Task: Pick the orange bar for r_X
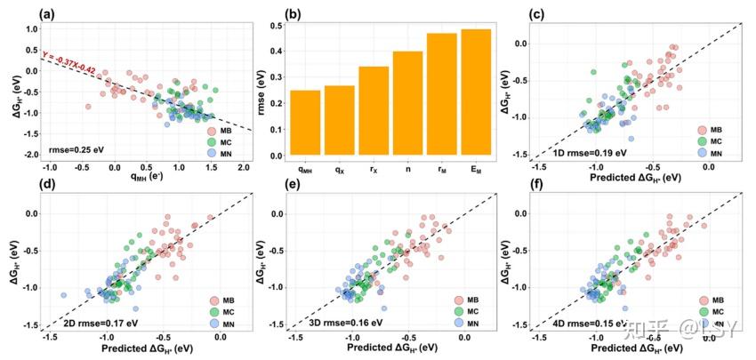(x=374, y=111)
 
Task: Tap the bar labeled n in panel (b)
(x=407, y=103)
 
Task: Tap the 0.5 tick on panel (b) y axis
(x=277, y=25)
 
